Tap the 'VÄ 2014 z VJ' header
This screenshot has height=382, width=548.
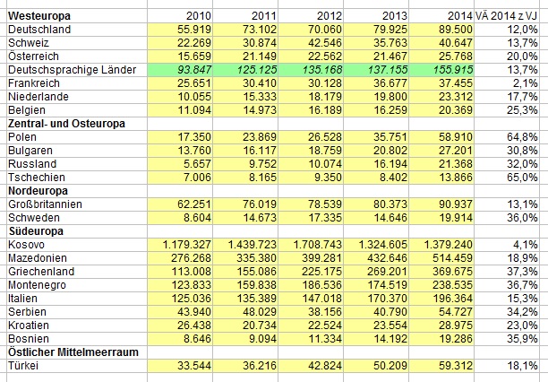tap(511, 17)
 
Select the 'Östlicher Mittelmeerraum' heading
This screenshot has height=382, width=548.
tap(73, 352)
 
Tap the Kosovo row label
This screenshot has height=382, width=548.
tap(24, 244)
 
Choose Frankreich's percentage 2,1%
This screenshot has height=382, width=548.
tap(525, 82)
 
